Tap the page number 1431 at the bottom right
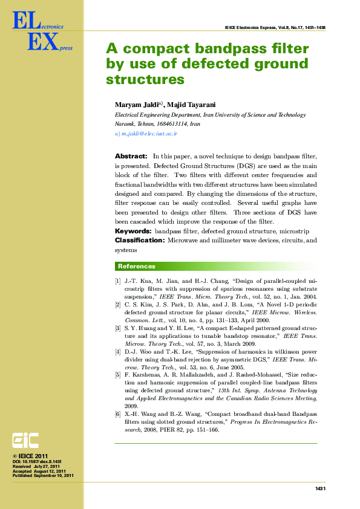(321, 488)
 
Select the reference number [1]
(118, 282)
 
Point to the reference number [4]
(118, 351)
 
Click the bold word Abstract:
(131, 156)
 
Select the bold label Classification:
(140, 241)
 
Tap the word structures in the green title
(145, 79)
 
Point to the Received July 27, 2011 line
(37, 466)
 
